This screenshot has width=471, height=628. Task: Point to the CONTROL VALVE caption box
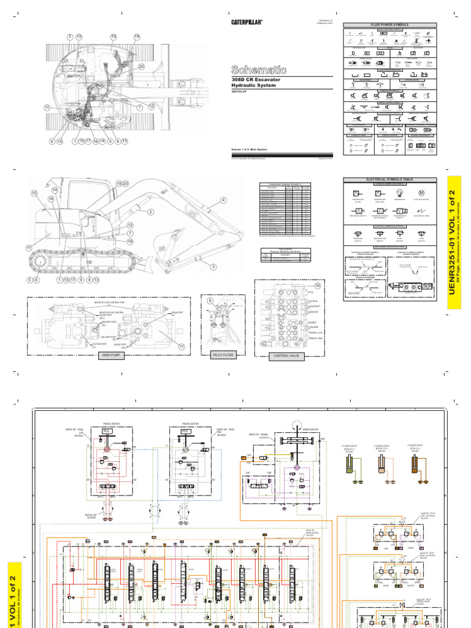tap(286, 355)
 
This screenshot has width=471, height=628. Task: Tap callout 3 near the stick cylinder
tap(214, 266)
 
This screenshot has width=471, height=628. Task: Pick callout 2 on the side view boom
tap(149, 212)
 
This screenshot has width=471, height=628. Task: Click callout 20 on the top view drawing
tap(140, 66)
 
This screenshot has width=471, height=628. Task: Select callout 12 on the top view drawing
tap(151, 107)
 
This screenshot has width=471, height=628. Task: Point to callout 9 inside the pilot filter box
tap(209, 301)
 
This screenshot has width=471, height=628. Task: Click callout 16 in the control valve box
tap(318, 286)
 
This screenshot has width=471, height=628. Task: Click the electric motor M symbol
tap(421, 193)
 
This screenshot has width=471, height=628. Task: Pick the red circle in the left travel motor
tap(105, 450)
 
